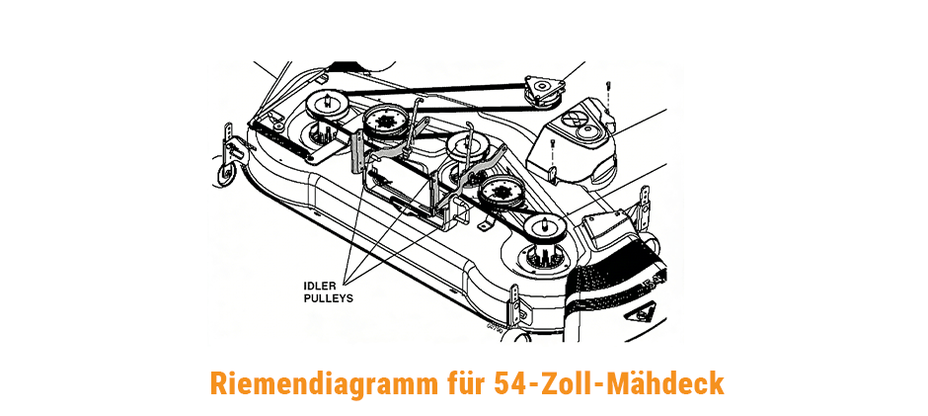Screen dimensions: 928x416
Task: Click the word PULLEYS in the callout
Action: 329,298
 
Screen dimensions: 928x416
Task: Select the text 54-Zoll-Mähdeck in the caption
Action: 608,382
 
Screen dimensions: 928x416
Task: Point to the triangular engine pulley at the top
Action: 544,90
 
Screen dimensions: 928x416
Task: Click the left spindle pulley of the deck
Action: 326,106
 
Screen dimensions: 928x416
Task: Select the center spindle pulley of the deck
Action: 466,145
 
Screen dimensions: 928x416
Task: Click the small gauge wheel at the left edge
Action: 224,176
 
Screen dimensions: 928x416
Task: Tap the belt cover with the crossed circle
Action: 573,142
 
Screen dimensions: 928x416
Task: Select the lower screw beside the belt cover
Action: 552,152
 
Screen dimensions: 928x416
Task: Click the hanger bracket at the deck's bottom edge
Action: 515,301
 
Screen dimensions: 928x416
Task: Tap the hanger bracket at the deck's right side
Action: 644,202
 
